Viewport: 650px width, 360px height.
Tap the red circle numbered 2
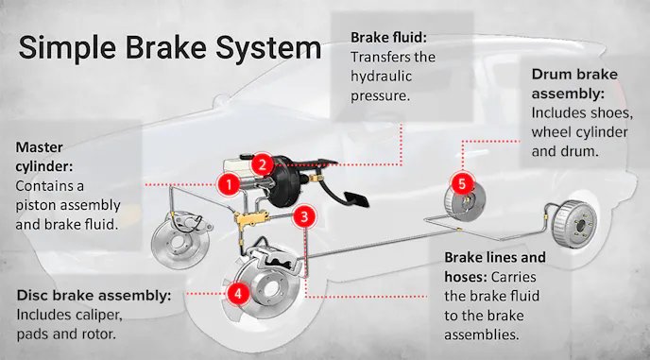264,163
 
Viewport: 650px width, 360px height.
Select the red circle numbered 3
301,216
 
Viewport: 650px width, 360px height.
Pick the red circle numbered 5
461,180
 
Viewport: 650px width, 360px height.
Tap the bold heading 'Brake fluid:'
389,37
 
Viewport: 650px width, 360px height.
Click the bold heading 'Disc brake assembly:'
94,295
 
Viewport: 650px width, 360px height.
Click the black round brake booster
284,188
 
